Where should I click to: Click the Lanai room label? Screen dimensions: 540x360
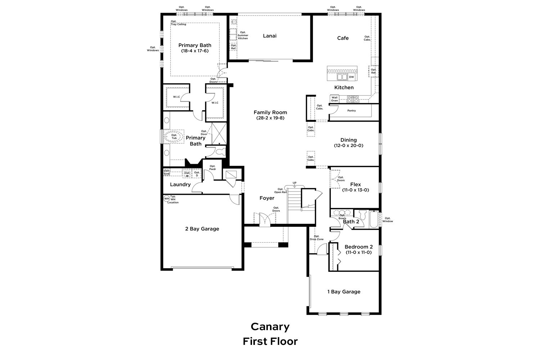270,36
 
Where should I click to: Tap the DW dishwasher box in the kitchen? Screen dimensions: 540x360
351,77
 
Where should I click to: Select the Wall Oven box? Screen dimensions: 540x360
334,99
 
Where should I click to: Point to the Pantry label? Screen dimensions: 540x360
351,111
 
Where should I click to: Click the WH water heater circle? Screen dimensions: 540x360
167,199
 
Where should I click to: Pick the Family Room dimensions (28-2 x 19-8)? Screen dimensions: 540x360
270,118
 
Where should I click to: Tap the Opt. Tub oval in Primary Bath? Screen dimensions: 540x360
174,137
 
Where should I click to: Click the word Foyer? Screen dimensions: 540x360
267,198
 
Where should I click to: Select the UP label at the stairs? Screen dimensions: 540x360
294,183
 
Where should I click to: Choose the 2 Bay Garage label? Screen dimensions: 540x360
202,229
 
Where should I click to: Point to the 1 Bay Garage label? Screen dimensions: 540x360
344,292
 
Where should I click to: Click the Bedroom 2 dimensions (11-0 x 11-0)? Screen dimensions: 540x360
359,252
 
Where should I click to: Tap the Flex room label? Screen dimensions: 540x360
356,184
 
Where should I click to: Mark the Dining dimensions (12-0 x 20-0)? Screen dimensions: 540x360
348,145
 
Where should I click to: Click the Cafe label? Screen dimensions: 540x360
343,38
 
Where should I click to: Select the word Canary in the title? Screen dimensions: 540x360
270,327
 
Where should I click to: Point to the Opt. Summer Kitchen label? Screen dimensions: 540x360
243,35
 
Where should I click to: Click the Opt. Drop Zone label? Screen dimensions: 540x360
316,238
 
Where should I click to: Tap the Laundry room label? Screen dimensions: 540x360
180,185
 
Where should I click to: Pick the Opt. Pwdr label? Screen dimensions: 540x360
212,168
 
